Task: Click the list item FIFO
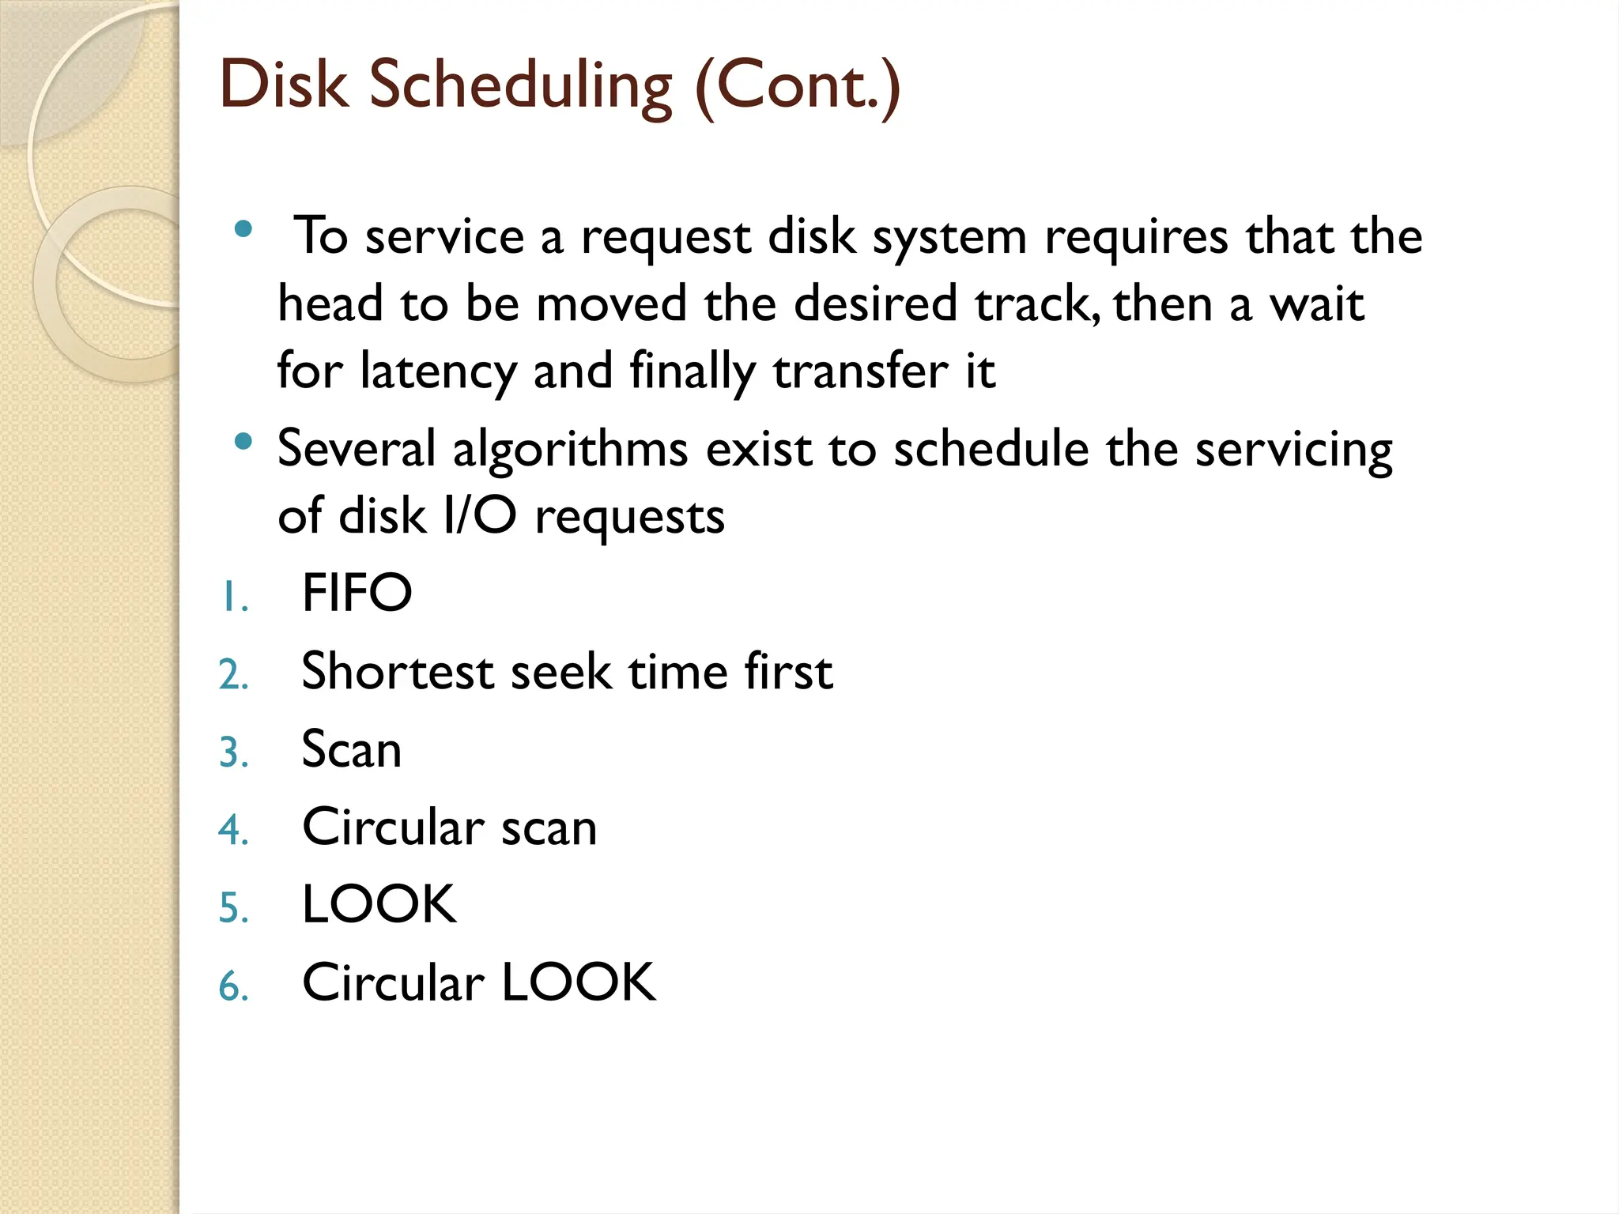click(357, 593)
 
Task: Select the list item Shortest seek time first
click(567, 672)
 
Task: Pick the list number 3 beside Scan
click(232, 752)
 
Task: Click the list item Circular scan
click(449, 828)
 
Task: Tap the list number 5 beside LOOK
click(232, 907)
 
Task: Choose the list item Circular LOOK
click(478, 983)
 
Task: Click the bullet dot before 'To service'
click(243, 230)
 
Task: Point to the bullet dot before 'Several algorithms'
click(243, 442)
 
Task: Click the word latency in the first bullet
click(438, 371)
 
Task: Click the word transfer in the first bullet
click(860, 371)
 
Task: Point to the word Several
click(357, 449)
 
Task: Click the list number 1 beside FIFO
click(232, 597)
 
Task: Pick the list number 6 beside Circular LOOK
click(232, 986)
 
